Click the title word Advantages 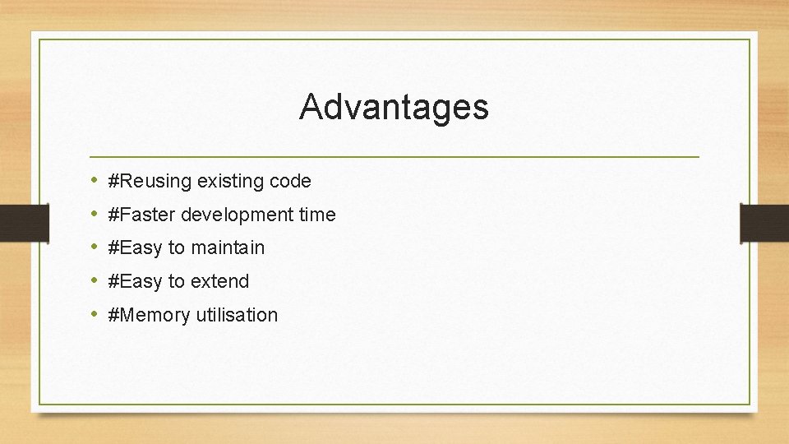(x=394, y=107)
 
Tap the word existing (x=229, y=181)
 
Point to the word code (x=290, y=181)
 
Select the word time (x=317, y=215)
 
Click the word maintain (x=228, y=247)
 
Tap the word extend (x=219, y=281)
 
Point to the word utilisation (x=237, y=315)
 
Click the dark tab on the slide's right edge (x=764, y=224)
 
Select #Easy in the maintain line (x=135, y=247)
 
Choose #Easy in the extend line (x=135, y=281)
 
